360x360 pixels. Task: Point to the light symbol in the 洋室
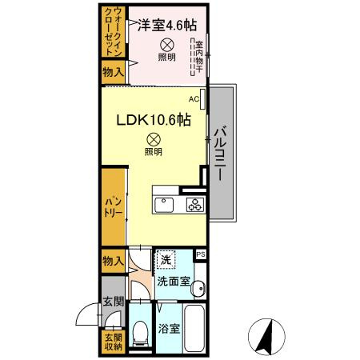166,45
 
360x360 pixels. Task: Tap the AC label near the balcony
194,99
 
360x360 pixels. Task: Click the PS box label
200,255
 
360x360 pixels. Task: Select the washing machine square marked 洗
166,260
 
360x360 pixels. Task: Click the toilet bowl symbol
140,330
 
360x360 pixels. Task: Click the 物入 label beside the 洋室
113,73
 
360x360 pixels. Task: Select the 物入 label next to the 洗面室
113,261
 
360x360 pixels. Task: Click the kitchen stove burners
194,204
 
